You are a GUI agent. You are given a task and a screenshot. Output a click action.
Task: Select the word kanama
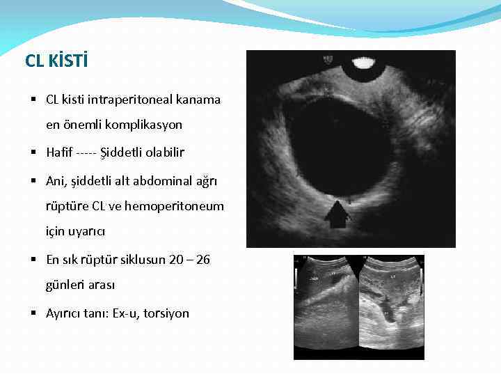click(x=198, y=100)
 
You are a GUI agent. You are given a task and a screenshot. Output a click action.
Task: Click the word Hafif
click(x=60, y=152)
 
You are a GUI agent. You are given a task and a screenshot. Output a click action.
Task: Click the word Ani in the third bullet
click(x=56, y=180)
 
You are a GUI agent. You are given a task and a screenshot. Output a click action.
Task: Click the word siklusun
click(x=139, y=260)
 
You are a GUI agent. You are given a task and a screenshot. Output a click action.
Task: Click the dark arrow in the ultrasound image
click(x=337, y=214)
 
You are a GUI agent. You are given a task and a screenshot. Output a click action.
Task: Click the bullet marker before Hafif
click(x=35, y=152)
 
